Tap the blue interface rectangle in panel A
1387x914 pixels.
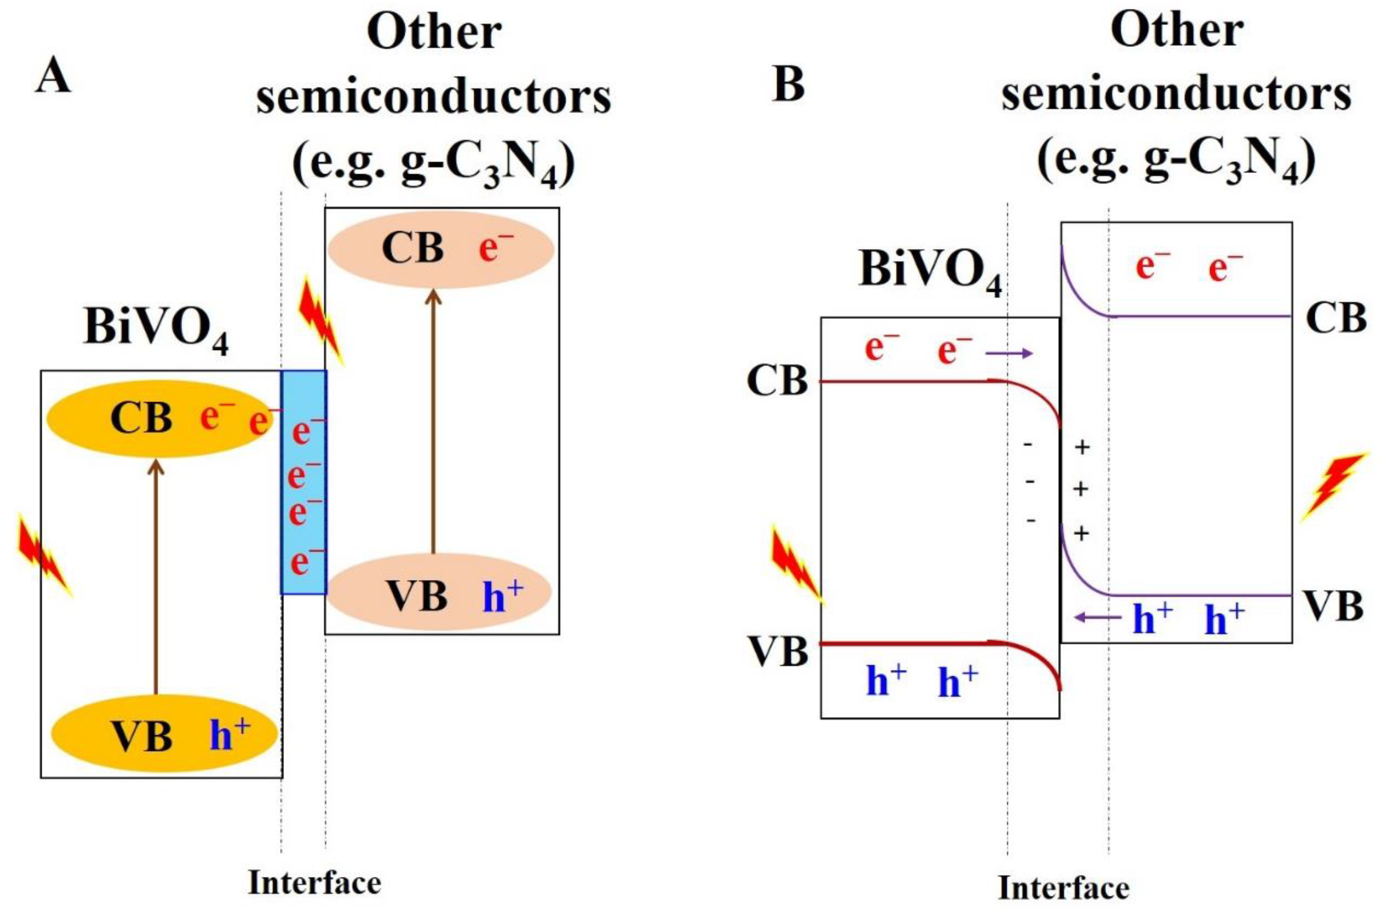pos(304,483)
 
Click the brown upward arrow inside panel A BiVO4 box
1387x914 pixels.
pos(156,577)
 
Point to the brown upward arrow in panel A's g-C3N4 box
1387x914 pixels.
pos(433,420)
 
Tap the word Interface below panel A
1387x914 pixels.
pos(315,883)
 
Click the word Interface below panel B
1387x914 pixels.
pos(1064,888)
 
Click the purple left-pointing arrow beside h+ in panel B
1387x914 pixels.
pos(1098,617)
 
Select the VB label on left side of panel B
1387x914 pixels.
pos(778,652)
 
